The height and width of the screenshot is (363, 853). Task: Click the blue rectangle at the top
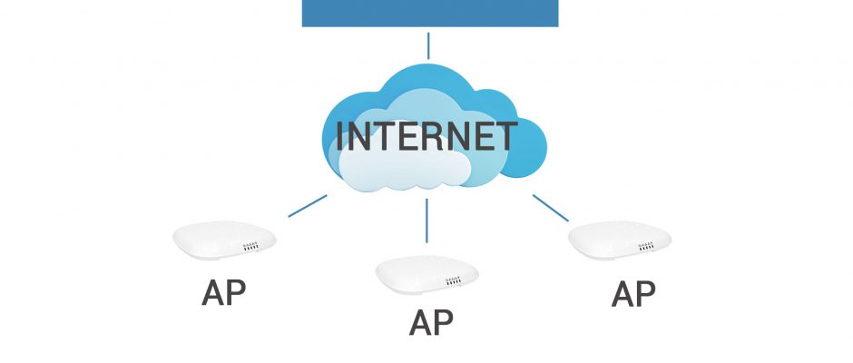click(430, 13)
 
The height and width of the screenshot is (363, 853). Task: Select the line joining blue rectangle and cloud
click(428, 45)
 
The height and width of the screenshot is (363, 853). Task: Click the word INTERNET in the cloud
click(426, 136)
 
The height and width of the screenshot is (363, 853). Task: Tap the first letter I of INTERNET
click(339, 136)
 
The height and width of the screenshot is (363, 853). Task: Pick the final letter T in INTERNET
click(504, 136)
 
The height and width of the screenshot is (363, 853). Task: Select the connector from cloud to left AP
click(308, 206)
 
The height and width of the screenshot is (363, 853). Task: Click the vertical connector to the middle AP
click(426, 221)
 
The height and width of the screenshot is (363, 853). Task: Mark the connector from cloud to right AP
click(551, 208)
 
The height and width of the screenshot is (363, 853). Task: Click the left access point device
click(224, 240)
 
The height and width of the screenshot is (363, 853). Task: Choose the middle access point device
click(427, 275)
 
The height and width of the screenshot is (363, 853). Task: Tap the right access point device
click(620, 240)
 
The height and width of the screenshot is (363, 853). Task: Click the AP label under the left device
click(223, 293)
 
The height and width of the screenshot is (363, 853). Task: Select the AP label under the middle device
click(431, 323)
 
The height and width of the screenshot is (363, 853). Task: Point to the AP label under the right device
click(633, 294)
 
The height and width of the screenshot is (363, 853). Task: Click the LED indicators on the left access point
click(250, 247)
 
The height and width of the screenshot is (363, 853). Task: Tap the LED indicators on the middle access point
click(453, 281)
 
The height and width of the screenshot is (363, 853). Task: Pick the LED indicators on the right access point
click(646, 247)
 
